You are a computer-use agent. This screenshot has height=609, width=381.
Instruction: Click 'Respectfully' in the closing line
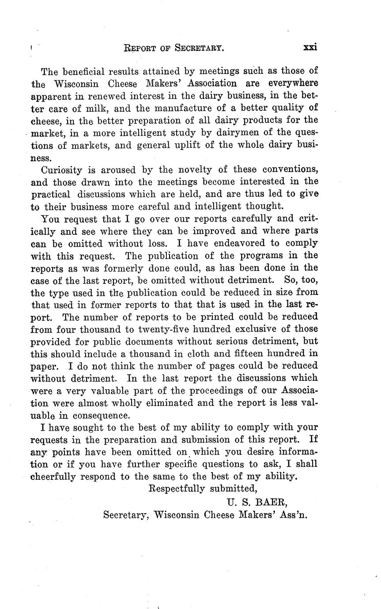coord(177,489)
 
